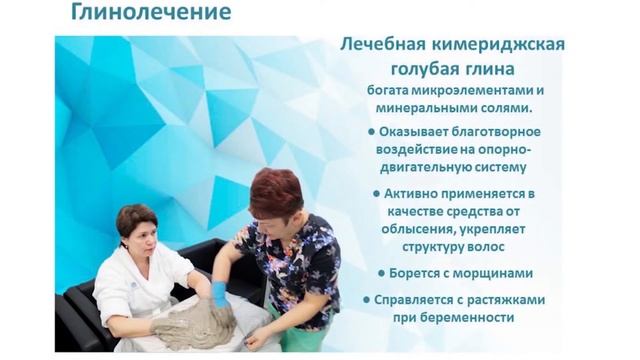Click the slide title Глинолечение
150,13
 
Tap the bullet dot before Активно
376,192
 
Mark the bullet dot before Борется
383,272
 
